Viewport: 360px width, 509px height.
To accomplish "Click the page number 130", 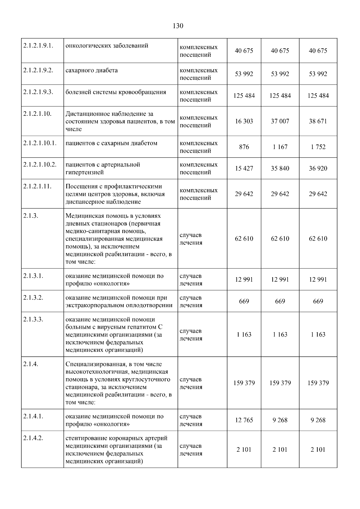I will point(178,26).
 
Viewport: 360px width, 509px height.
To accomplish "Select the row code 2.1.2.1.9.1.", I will point(38,46).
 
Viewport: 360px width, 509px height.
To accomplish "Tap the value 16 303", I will point(244,121).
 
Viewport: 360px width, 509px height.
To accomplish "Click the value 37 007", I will point(280,121).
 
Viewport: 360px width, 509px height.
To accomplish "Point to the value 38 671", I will point(318,121).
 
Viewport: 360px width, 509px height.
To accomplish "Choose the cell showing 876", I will point(244,147).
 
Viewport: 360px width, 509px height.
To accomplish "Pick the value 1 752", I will point(318,147).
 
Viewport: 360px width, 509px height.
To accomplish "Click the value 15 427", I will point(244,168).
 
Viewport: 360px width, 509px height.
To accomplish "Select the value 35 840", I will point(280,168).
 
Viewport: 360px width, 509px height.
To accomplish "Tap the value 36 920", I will point(318,168).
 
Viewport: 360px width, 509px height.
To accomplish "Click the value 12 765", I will point(244,420).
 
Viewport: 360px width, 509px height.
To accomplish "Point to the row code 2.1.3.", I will point(31,216).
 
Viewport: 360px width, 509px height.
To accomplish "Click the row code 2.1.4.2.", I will point(33,438).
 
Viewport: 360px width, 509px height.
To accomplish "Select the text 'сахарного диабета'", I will point(91,70).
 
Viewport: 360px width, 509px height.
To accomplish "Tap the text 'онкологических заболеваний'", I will point(107,46).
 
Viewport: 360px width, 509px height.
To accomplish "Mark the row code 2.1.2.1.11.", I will point(37,186).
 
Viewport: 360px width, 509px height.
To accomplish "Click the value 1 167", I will point(280,147).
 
